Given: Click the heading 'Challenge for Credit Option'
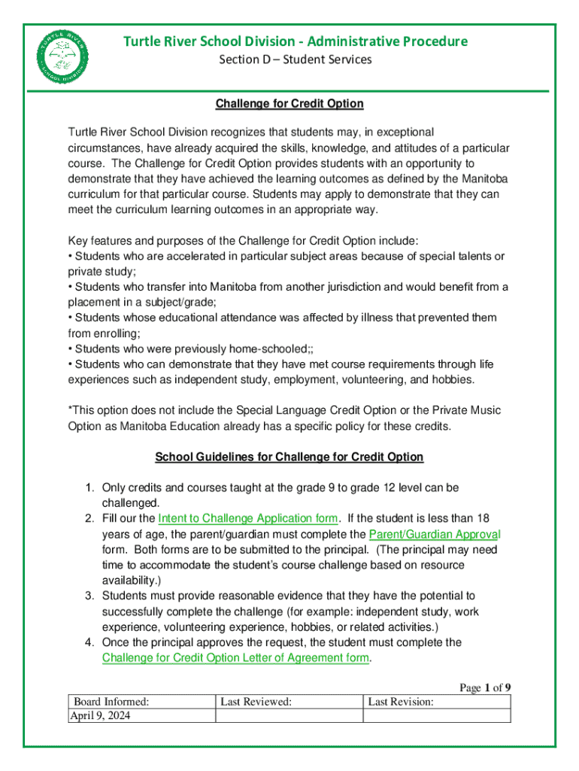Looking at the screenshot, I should [289, 103].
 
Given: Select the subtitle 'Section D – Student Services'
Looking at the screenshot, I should [295, 59].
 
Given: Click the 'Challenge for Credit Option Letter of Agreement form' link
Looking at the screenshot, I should [235, 657].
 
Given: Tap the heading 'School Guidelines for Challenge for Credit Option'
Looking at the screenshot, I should [289, 457].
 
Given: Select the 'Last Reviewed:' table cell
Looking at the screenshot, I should [256, 702].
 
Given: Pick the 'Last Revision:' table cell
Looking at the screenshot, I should [401, 702].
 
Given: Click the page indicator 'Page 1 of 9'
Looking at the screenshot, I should [486, 687].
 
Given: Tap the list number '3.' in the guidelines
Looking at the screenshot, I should [88, 596].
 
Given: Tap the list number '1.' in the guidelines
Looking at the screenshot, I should [88, 488].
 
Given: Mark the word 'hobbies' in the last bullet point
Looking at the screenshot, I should [451, 379].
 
